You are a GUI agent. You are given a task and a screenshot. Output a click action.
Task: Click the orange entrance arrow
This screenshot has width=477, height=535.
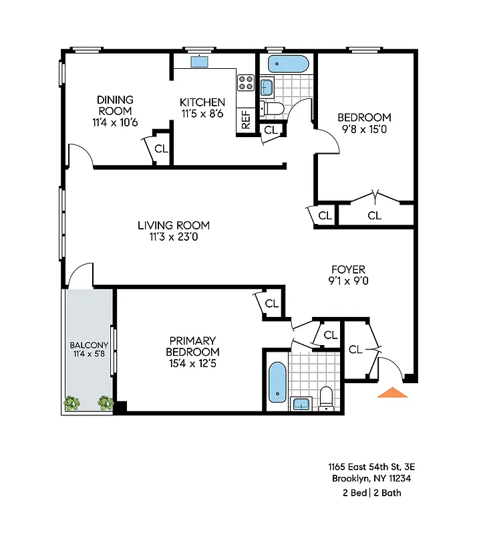[x=392, y=393]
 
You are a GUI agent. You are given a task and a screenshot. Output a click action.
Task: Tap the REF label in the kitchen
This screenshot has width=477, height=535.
[x=246, y=120]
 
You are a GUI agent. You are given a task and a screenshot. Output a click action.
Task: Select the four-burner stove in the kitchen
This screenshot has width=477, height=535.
[x=246, y=83]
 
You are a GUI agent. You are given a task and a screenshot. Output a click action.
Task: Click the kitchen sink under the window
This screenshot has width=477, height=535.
[x=199, y=62]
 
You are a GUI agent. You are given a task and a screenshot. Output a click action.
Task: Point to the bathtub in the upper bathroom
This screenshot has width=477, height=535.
[x=288, y=64]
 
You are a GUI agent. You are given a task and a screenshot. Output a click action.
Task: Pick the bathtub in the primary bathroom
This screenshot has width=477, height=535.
[x=277, y=382]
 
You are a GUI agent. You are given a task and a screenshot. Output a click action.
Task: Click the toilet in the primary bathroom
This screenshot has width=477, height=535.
[x=326, y=397]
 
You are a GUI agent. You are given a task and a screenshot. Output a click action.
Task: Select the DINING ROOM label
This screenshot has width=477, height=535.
[x=115, y=105]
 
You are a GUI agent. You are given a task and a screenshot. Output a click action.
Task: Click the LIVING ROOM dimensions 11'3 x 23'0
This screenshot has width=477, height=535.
[x=174, y=236]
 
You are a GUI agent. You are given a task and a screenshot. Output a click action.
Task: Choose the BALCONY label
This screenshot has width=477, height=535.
[x=88, y=345]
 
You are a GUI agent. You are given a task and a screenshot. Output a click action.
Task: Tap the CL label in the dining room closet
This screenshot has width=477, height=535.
[x=161, y=148]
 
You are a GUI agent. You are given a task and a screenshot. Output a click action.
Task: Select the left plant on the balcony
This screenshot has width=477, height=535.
[x=71, y=403]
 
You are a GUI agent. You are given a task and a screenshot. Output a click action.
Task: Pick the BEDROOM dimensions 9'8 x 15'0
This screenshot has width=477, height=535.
[x=364, y=129]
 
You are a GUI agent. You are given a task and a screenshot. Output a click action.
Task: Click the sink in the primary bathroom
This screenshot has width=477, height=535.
[x=301, y=403]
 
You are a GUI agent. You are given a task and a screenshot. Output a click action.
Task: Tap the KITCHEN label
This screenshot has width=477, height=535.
[x=202, y=102]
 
